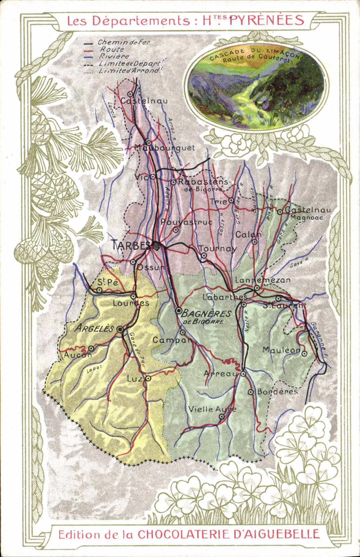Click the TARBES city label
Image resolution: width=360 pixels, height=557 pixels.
[131, 245]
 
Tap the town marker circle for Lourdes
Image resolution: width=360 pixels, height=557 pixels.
[133, 296]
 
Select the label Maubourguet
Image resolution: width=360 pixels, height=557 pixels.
[165, 148]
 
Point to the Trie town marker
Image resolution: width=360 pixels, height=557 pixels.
[231, 200]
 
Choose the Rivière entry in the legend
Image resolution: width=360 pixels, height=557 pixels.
[114, 56]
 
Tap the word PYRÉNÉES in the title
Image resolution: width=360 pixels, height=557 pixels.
[267, 21]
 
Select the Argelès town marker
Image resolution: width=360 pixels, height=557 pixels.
[120, 330]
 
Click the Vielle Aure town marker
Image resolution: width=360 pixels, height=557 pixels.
[222, 416]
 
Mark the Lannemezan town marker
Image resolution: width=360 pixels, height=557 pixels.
[256, 288]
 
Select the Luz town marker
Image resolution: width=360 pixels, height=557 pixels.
[148, 379]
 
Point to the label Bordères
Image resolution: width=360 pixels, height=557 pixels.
[277, 392]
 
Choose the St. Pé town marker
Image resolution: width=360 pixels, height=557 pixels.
[99, 290]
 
